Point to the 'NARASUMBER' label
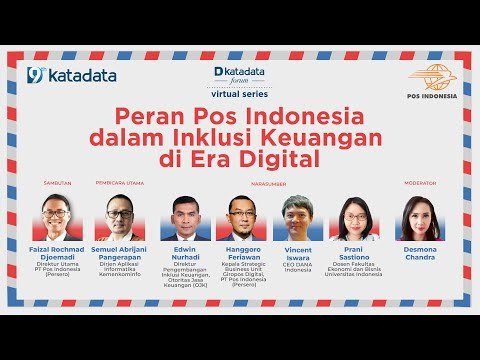click(269, 184)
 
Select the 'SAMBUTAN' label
click(56, 184)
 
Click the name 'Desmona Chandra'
click(418, 254)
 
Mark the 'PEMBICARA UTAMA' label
click(118, 184)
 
